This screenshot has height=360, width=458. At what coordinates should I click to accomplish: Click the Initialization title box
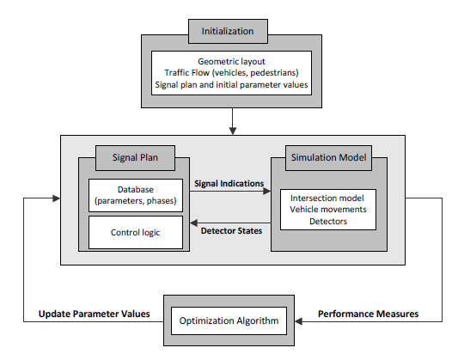(x=228, y=31)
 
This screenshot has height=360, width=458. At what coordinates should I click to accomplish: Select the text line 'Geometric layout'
(x=231, y=62)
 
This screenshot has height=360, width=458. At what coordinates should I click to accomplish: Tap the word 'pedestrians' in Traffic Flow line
(x=274, y=73)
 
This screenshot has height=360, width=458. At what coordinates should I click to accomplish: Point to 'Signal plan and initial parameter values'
(x=231, y=85)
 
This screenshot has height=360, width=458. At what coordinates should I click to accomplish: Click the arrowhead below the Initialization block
(x=233, y=131)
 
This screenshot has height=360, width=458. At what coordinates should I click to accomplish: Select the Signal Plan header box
(x=135, y=158)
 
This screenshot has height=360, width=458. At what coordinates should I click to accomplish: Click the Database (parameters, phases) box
(x=136, y=195)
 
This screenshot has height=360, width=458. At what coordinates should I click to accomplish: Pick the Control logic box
(x=136, y=232)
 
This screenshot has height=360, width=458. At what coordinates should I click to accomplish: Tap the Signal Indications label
(x=229, y=184)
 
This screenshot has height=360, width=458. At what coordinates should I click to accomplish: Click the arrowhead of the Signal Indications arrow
(x=267, y=192)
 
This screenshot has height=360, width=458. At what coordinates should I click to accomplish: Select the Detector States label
(x=231, y=231)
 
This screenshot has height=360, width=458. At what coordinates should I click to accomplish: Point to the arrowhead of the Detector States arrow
(x=193, y=223)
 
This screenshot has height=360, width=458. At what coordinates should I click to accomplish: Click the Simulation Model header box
(x=328, y=158)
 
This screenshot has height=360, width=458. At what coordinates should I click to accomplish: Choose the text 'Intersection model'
(x=327, y=198)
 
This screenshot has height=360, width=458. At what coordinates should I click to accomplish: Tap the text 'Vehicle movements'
(x=328, y=210)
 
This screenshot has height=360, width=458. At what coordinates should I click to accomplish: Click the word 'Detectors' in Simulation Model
(x=328, y=222)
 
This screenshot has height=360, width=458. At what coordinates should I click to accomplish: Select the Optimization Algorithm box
(x=229, y=320)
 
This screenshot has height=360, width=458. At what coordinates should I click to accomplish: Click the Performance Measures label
(x=368, y=314)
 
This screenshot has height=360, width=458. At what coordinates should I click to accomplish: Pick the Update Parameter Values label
(x=94, y=314)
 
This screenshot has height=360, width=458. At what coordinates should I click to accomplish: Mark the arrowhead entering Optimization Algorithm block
(x=298, y=321)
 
